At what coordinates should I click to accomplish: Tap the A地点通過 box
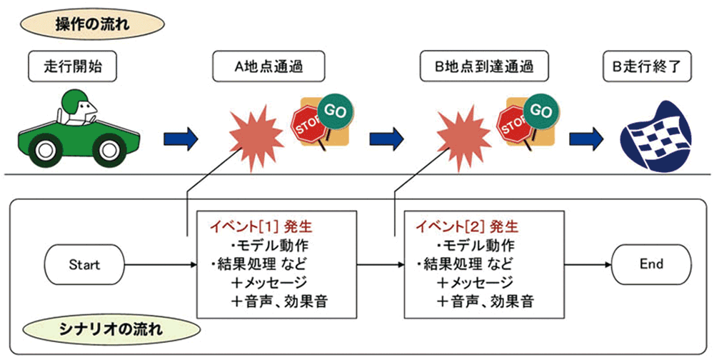coord(269,69)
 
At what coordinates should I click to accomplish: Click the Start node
coord(84,264)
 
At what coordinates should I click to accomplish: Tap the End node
coord(651,264)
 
